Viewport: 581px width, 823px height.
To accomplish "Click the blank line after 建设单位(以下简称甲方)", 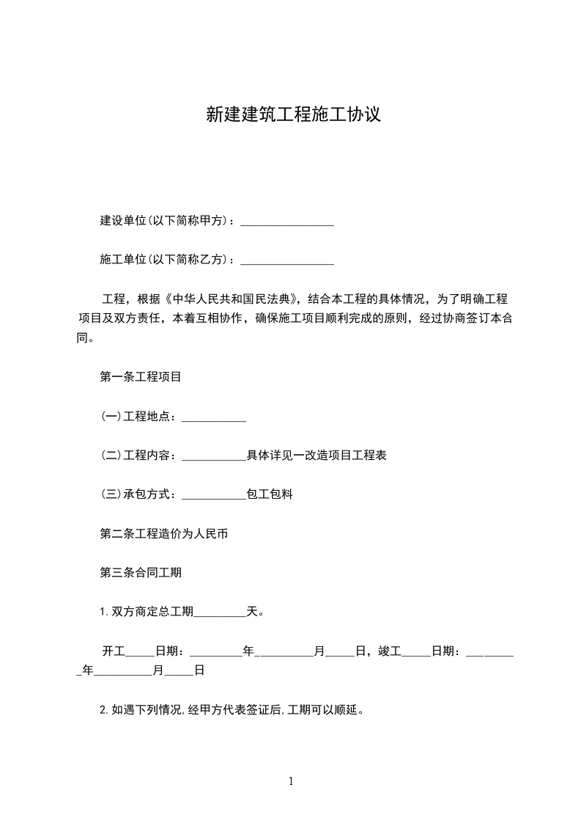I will point(287,222).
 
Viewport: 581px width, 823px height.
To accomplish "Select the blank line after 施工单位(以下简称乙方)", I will point(287,260).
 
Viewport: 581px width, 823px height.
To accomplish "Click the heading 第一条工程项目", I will point(141,377).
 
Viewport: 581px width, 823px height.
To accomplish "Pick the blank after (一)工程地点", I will point(213,417).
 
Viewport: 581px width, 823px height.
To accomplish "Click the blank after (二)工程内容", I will point(213,456).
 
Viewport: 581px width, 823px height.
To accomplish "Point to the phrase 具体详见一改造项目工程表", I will point(317,456).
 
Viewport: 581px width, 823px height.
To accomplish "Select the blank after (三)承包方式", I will point(213,495).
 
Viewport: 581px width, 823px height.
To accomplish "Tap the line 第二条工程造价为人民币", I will point(164,534).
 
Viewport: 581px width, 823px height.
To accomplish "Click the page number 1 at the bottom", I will point(291,781).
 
